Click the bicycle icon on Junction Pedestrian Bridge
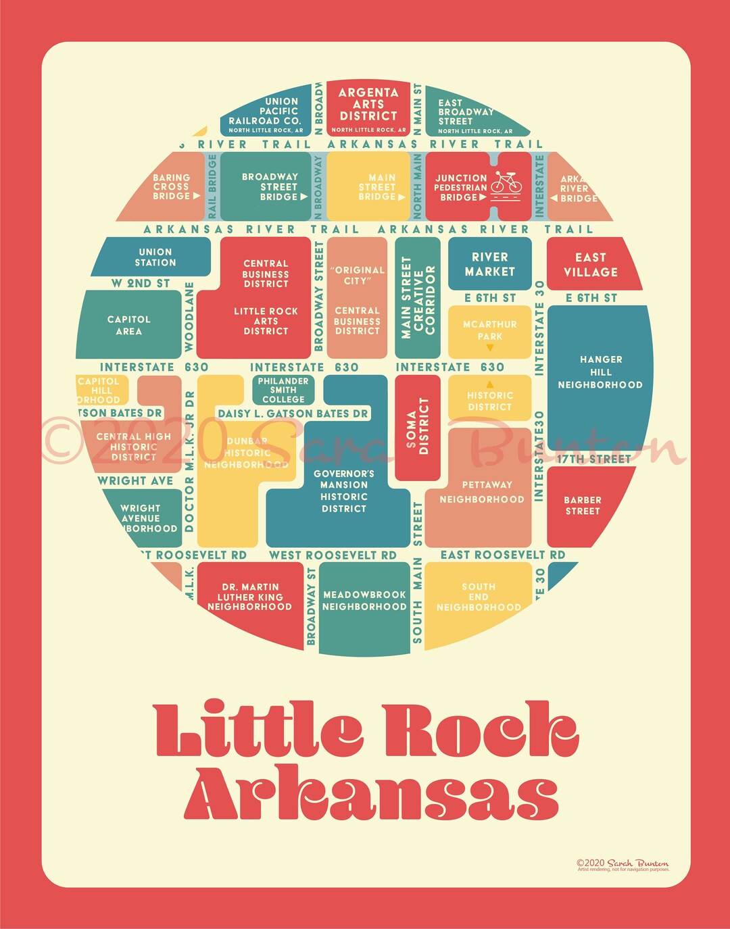(506, 182)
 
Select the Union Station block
(155, 257)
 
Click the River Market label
(490, 264)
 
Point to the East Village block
(591, 265)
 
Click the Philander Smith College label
(283, 391)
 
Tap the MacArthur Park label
(490, 330)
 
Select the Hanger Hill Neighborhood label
(600, 372)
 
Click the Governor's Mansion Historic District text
(343, 491)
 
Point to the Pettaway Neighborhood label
(482, 492)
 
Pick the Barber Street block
(582, 505)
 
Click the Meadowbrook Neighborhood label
(364, 601)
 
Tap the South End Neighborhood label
(479, 597)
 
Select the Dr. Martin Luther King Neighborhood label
(250, 597)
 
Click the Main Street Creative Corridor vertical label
(418, 297)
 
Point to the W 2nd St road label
(141, 284)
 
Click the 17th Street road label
(593, 459)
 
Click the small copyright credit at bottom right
(623, 864)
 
